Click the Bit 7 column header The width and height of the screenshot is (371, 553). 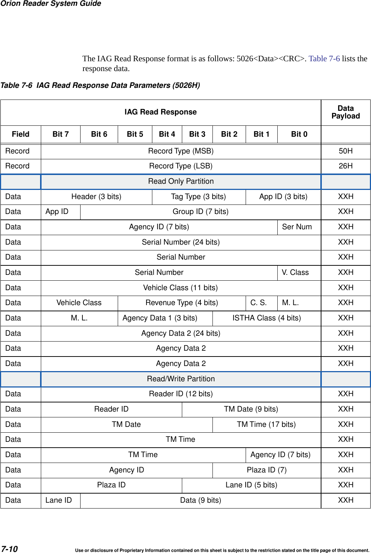pyautogui.click(x=60, y=134)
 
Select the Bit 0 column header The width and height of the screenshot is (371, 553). pyautogui.click(x=299, y=134)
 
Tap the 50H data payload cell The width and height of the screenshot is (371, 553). pyautogui.click(x=345, y=151)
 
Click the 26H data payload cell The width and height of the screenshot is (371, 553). pyautogui.click(x=345, y=166)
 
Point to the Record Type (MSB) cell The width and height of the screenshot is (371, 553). pyautogui.click(x=181, y=151)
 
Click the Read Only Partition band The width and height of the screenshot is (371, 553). pyautogui.click(x=181, y=182)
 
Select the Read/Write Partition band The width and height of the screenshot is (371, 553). pyautogui.click(x=181, y=379)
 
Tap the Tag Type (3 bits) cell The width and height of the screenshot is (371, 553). pyautogui.click(x=198, y=197)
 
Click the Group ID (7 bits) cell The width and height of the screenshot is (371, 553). pyautogui.click(x=200, y=212)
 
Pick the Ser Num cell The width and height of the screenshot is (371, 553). pyautogui.click(x=297, y=227)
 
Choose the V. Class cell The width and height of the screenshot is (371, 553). pyautogui.click(x=295, y=272)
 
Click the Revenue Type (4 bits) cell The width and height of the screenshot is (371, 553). pyautogui.click(x=181, y=303)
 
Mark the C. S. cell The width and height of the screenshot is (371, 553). pyautogui.click(x=258, y=303)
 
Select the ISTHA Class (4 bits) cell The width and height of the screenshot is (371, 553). pyautogui.click(x=266, y=318)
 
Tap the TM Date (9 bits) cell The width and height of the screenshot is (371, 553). pyautogui.click(x=251, y=409)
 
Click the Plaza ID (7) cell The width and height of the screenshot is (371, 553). pyautogui.click(x=266, y=470)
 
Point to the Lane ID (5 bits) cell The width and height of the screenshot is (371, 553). pyautogui.click(x=251, y=485)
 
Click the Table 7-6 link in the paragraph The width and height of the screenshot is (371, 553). pyautogui.click(x=324, y=59)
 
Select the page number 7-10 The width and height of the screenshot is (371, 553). pyautogui.click(x=9, y=549)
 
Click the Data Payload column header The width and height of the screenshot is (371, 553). pyautogui.click(x=345, y=112)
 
